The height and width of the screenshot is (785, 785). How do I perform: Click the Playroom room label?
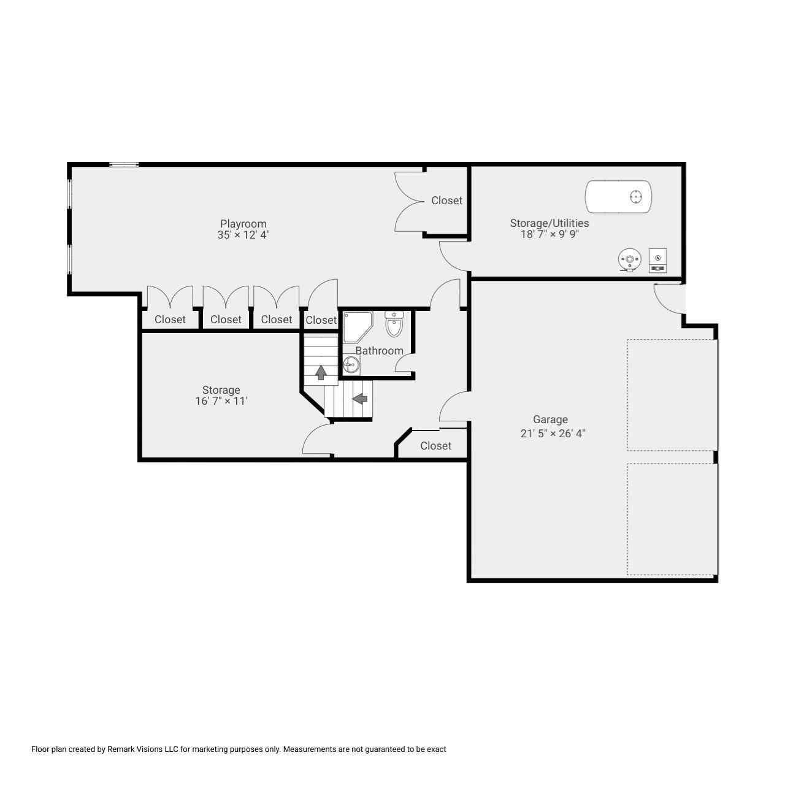243,224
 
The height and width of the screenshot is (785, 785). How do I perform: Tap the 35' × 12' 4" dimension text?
243,235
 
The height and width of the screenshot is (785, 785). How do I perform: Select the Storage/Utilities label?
549,223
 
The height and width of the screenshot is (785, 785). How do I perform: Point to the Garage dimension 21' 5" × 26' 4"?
553,434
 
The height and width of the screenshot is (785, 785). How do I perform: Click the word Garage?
550,419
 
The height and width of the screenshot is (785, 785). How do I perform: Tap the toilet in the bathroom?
394,323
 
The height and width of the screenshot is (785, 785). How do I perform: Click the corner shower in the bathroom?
358,327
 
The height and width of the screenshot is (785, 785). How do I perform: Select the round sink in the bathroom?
351,364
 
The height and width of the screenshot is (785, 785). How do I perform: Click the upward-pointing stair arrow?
321,372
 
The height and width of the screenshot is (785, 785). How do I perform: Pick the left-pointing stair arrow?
360,398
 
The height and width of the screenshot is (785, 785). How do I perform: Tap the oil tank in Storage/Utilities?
618,197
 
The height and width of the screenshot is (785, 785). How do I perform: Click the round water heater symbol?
629,259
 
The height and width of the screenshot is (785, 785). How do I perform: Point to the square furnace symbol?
657,260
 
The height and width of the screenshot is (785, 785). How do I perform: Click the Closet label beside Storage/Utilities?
446,201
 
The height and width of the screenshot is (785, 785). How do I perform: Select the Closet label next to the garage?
435,446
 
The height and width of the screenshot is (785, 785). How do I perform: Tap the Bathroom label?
379,351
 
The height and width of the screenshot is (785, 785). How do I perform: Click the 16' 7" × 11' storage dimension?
221,401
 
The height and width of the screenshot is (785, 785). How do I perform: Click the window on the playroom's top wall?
124,164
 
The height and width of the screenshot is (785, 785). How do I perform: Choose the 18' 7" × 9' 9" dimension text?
549,234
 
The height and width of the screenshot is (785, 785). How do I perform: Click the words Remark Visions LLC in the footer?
142,749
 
